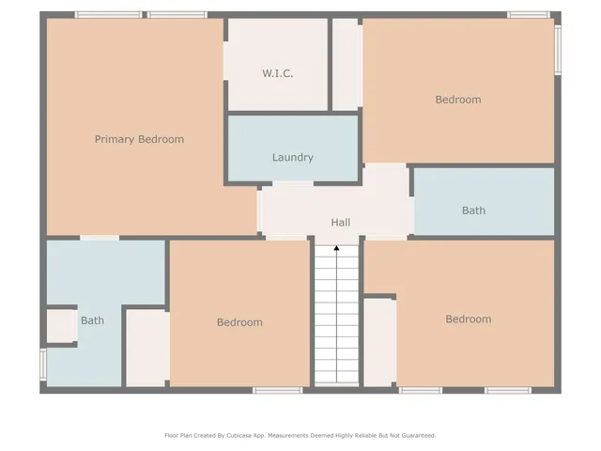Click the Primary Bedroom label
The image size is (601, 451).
[139, 139]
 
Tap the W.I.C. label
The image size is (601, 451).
[277, 73]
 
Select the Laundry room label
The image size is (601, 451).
[293, 158]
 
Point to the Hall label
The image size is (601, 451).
[340, 223]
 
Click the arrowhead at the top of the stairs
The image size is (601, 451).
[336, 249]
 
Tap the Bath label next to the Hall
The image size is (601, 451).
[473, 210]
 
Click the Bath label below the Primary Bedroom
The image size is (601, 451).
[92, 320]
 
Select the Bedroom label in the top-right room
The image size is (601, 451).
[458, 100]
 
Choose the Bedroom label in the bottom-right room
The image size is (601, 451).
[468, 319]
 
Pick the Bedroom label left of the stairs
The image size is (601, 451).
[239, 322]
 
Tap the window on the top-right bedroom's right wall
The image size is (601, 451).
[558, 49]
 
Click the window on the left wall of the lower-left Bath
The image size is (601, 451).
[42, 364]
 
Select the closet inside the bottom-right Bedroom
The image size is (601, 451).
[379, 342]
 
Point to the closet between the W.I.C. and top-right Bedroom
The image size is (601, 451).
[347, 64]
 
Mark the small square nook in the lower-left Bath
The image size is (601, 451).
[62, 326]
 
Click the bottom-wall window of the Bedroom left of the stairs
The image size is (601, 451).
[277, 390]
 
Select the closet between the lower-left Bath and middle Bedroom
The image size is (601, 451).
[146, 347]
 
